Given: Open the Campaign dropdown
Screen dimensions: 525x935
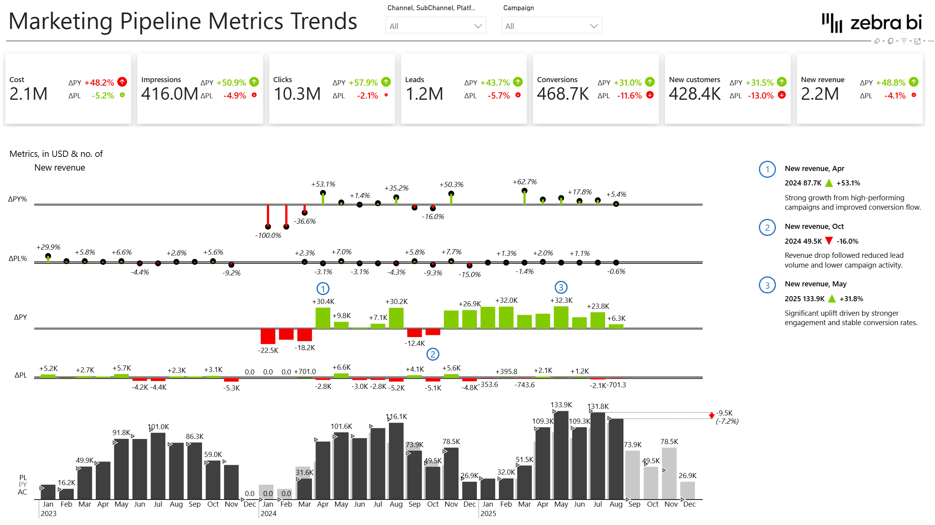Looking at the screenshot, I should point(551,26).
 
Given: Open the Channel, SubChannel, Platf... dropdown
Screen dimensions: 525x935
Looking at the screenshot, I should point(435,26).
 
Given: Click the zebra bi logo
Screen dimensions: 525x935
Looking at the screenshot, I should point(872,23).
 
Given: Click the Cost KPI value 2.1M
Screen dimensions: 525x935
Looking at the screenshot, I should point(29,94).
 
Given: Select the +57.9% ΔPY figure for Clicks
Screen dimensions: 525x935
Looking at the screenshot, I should point(363,83).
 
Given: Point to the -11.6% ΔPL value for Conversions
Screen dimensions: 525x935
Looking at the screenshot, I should point(629,95).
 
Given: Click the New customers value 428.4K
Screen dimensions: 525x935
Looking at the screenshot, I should point(695,94).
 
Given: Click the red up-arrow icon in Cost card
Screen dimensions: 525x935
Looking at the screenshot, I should point(122,82).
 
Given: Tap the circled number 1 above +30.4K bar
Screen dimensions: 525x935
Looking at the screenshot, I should point(323,289).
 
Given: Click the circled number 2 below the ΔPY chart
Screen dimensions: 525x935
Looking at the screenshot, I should point(433,354).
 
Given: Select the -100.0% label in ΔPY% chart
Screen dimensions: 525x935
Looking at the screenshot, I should point(268,235).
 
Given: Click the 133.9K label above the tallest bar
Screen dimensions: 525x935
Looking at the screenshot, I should point(561,405).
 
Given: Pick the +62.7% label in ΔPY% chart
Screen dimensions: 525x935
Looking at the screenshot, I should point(525,182).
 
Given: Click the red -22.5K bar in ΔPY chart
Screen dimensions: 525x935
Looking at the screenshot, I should point(268,336).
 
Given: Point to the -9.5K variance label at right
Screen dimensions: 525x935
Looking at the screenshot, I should point(724,413).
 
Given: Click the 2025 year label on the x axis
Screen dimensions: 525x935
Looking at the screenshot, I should point(488,514).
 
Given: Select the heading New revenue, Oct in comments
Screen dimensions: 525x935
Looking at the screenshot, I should point(814,227).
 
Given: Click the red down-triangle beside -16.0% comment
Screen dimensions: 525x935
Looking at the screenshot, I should point(829,241).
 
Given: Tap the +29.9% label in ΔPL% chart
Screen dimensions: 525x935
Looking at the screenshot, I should point(48,247).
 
